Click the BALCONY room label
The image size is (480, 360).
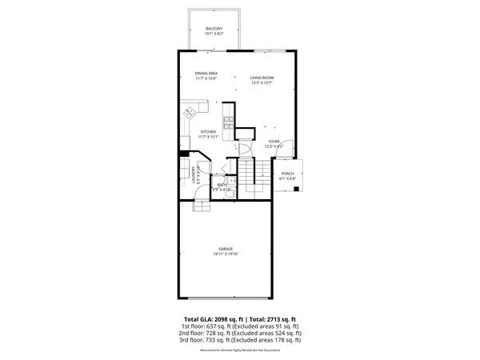(x=214, y=28)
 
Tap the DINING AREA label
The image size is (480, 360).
(x=206, y=73)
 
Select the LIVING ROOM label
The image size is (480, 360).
(x=262, y=78)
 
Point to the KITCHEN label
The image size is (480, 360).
(x=208, y=131)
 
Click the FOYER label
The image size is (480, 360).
(x=274, y=141)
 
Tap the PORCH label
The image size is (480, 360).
(x=287, y=174)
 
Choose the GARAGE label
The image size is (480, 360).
(x=226, y=249)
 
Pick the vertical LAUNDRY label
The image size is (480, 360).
(x=193, y=174)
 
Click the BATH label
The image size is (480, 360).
(x=220, y=185)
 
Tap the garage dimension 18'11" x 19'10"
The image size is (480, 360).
(x=226, y=254)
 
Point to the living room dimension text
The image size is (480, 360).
(x=262, y=83)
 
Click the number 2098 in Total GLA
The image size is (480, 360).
(x=217, y=318)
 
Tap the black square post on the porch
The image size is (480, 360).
(x=298, y=189)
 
